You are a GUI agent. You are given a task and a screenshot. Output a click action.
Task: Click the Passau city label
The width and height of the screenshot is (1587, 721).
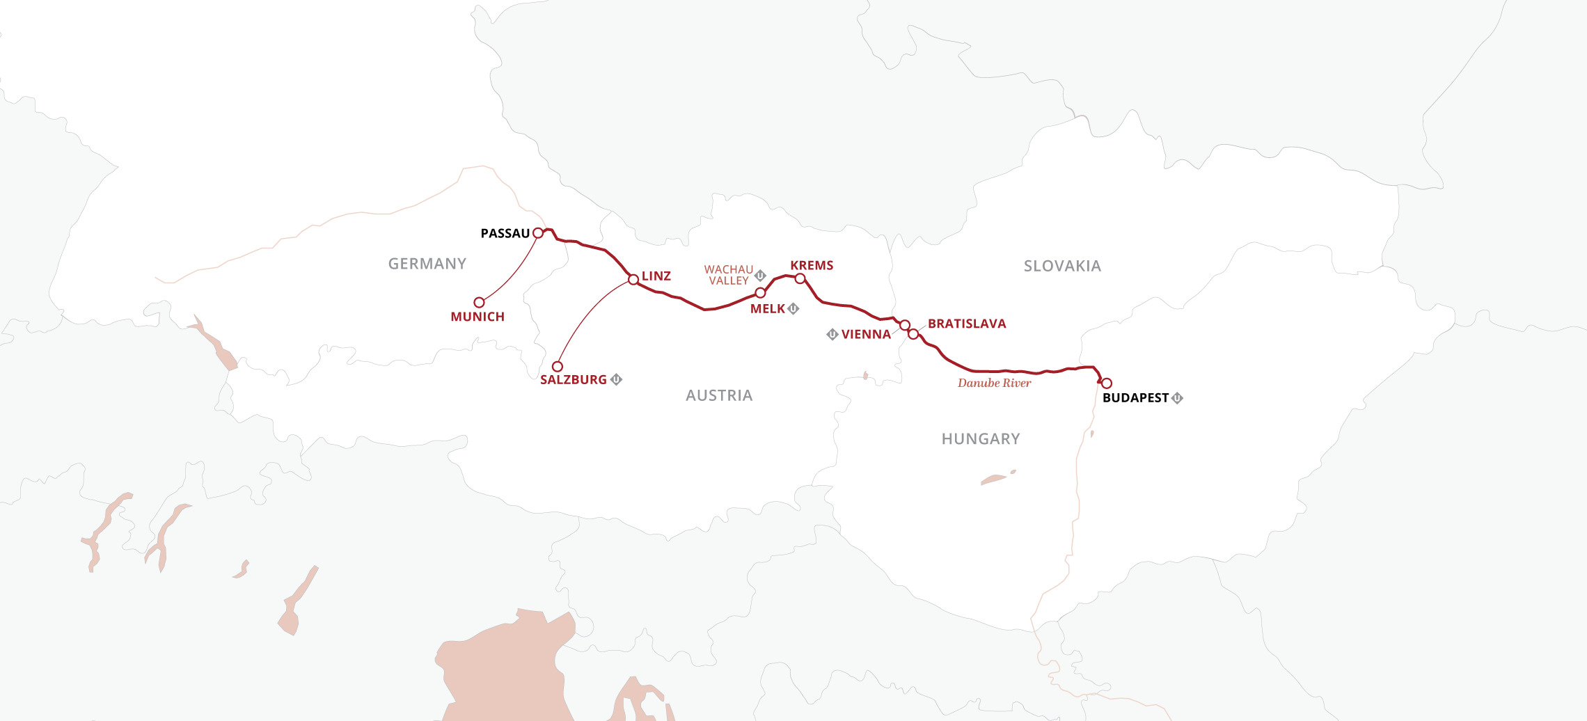[x=505, y=234]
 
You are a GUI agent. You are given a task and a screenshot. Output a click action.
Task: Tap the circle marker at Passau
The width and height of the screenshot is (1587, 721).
[x=538, y=233]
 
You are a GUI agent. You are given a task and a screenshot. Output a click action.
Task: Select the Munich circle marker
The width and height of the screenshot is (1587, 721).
[x=479, y=302]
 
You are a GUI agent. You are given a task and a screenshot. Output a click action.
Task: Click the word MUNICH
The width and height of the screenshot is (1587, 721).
[x=477, y=317]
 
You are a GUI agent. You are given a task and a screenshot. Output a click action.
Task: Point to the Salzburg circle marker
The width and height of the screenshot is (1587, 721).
[x=557, y=366]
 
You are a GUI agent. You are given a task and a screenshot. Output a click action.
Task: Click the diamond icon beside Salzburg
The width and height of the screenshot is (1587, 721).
[x=616, y=379]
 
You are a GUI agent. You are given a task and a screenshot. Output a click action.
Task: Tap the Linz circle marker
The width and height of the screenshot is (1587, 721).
[x=633, y=280]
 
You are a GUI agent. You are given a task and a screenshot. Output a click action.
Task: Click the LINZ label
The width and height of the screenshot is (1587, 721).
[x=656, y=276]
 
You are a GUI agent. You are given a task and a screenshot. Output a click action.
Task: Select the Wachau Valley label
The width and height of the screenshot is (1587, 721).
[x=728, y=275]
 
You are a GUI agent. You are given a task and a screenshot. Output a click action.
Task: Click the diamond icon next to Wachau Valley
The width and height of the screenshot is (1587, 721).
[x=760, y=275]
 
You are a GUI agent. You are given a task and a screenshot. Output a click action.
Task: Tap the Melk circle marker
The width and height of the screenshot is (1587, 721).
[x=760, y=293]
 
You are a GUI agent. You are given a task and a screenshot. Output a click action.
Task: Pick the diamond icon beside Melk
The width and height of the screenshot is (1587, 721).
[x=793, y=308]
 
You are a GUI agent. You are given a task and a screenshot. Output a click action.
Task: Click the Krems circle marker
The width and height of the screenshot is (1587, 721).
[x=800, y=278]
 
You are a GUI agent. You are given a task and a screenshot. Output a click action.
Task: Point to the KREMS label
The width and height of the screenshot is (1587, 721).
[x=812, y=265]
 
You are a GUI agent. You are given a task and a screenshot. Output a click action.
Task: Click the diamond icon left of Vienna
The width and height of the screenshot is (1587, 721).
[x=832, y=335]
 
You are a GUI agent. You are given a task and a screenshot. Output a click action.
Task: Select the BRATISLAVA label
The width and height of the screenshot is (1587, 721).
[x=967, y=324]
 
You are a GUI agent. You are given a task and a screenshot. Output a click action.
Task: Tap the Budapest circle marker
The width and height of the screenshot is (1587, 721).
[x=1106, y=383]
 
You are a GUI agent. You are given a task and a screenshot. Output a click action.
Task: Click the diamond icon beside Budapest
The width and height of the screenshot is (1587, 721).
[x=1177, y=398]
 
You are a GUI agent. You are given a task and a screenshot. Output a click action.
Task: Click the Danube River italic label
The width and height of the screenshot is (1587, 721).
[x=994, y=383]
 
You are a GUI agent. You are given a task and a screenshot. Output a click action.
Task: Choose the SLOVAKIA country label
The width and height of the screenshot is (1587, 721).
[x=1062, y=266]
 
